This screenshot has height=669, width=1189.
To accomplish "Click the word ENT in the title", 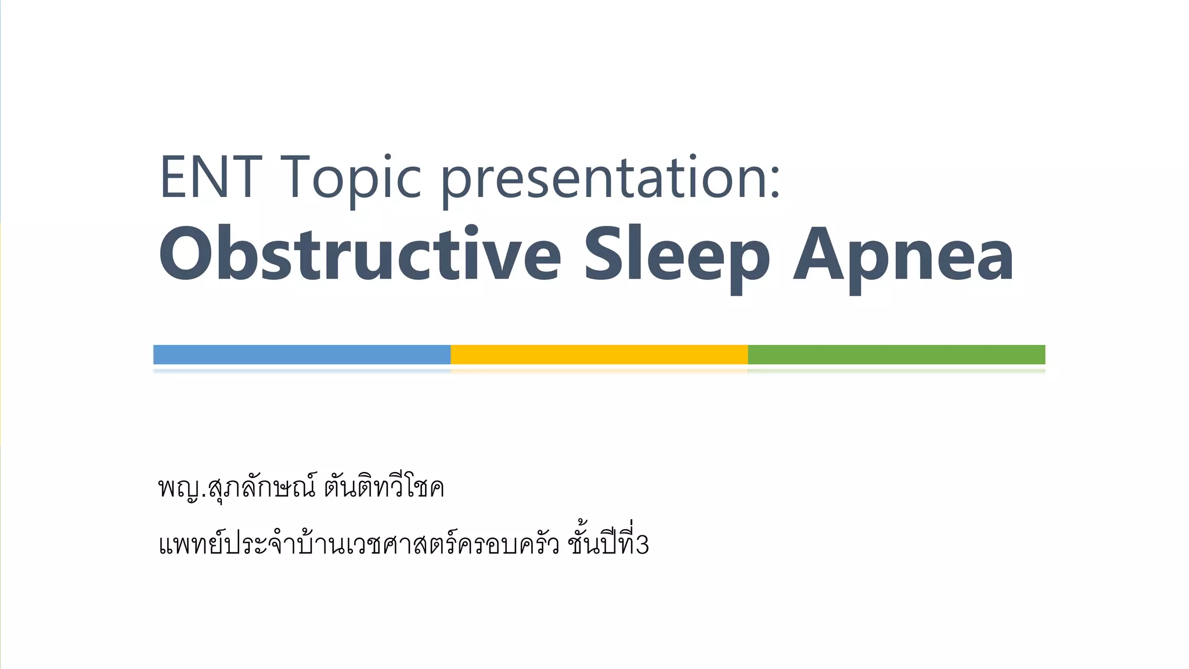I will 210,177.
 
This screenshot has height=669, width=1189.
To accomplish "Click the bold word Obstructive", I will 360,254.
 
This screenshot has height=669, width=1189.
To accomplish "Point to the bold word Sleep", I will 676,256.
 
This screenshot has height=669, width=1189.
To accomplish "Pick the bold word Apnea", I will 903,256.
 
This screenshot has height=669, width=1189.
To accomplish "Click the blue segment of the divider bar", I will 302,354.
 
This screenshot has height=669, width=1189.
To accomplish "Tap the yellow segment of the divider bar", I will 599,354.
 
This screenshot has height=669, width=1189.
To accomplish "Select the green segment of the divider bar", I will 896,354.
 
